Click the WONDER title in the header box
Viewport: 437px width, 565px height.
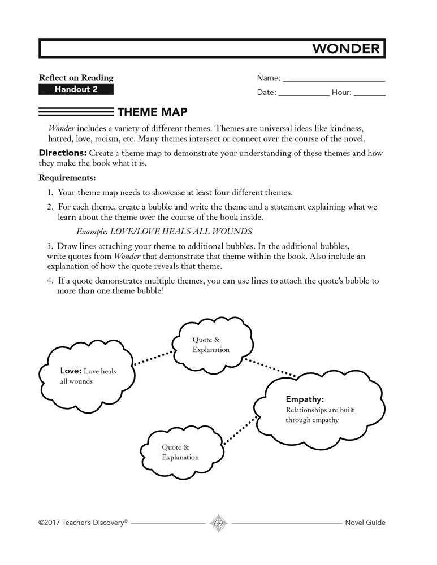346,49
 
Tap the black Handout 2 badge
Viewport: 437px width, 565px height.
76,89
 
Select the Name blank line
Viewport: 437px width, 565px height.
334,81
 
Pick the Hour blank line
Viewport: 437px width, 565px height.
370,95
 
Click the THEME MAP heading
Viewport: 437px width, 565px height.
152,112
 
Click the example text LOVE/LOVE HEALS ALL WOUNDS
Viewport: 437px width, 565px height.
164,231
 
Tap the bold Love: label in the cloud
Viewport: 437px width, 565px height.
71,371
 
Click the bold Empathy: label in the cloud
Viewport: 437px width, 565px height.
305,399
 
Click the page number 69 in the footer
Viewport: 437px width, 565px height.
218,523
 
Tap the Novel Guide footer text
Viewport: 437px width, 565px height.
365,523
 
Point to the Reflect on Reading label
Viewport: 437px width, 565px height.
76,77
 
